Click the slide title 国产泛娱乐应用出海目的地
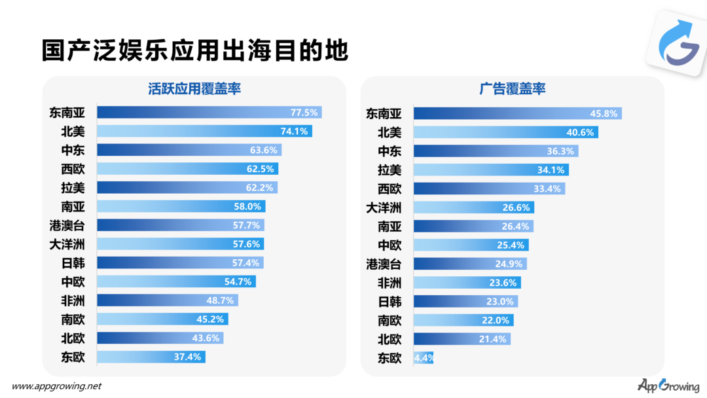pyautogui.click(x=194, y=51)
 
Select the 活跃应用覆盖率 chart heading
pyautogui.click(x=194, y=89)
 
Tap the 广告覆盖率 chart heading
pyautogui.click(x=513, y=89)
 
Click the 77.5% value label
pyautogui.click(x=304, y=113)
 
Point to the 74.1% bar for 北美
pyautogui.click(x=204, y=132)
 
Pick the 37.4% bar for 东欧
pyautogui.click(x=151, y=357)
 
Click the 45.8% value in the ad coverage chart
pyautogui.click(x=604, y=113)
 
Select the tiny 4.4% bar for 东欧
pyautogui.click(x=423, y=358)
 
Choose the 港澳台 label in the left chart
pyautogui.click(x=66, y=225)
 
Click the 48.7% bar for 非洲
pyautogui.click(x=168, y=300)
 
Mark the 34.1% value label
pyautogui.click(x=551, y=170)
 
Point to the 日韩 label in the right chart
pyautogui.click(x=390, y=302)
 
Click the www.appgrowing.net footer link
pyautogui.click(x=57, y=386)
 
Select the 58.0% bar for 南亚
pyautogui.click(x=181, y=207)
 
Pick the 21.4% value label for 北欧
pyautogui.click(x=494, y=339)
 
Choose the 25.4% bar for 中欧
pyautogui.click(x=471, y=245)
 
